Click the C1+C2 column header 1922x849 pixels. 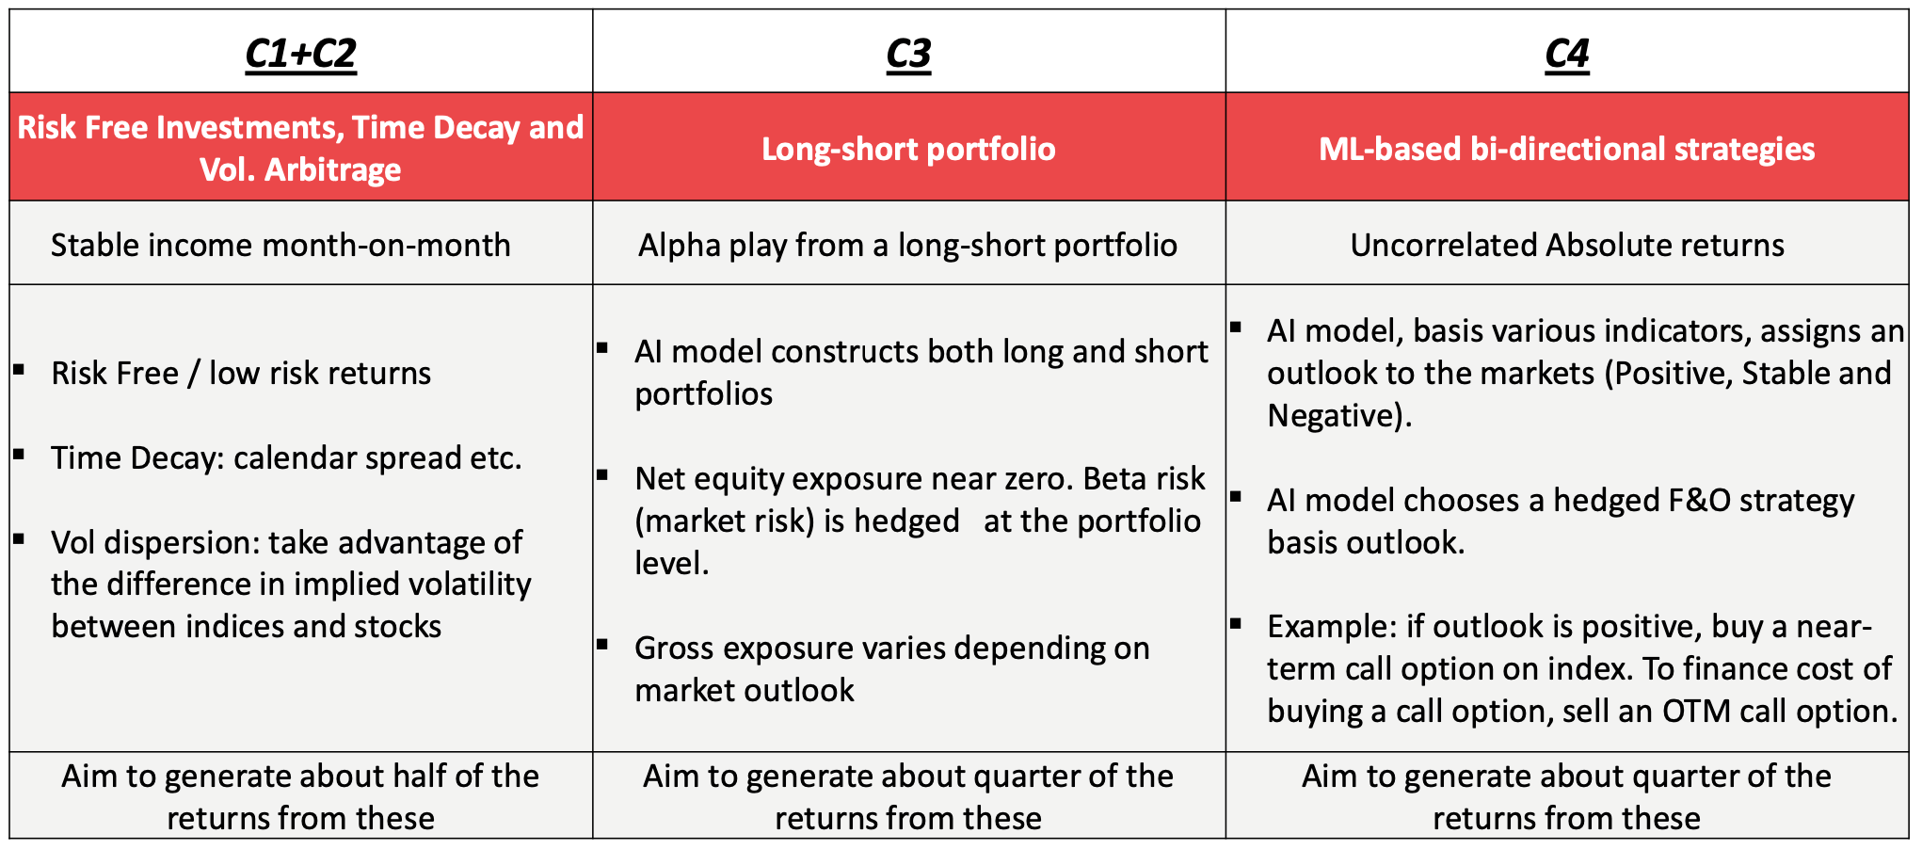click(x=300, y=54)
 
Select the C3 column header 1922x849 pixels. click(x=908, y=54)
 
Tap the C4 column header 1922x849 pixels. click(x=1567, y=54)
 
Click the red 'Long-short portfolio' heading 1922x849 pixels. click(x=908, y=149)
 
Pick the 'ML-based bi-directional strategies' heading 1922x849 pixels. click(x=1567, y=149)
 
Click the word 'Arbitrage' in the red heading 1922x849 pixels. click(x=333, y=169)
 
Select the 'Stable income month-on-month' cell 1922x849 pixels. click(x=280, y=245)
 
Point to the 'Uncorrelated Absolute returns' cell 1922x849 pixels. click(x=1567, y=245)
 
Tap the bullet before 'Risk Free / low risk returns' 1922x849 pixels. click(x=19, y=369)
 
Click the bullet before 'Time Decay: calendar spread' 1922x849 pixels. click(x=19, y=454)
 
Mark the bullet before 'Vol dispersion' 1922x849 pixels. click(x=19, y=538)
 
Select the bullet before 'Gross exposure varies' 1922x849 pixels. click(x=602, y=644)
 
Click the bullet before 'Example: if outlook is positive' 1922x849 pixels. click(x=1235, y=622)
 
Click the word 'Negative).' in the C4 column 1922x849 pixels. click(x=1339, y=415)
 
